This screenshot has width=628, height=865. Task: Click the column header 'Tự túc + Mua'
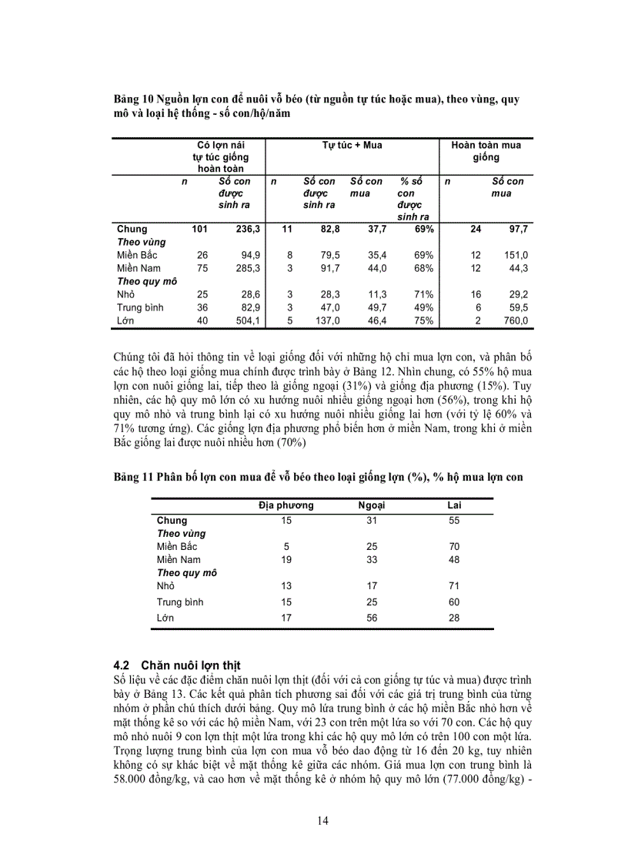(x=352, y=145)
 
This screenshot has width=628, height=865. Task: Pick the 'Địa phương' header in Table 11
(x=286, y=505)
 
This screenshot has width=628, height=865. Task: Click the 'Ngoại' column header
(x=372, y=505)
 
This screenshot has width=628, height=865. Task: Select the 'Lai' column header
(x=454, y=505)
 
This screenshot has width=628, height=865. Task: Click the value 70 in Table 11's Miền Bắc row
(x=454, y=546)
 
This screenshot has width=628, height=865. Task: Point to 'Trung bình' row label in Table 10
(x=140, y=307)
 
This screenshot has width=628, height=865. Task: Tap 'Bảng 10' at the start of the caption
(x=132, y=99)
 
